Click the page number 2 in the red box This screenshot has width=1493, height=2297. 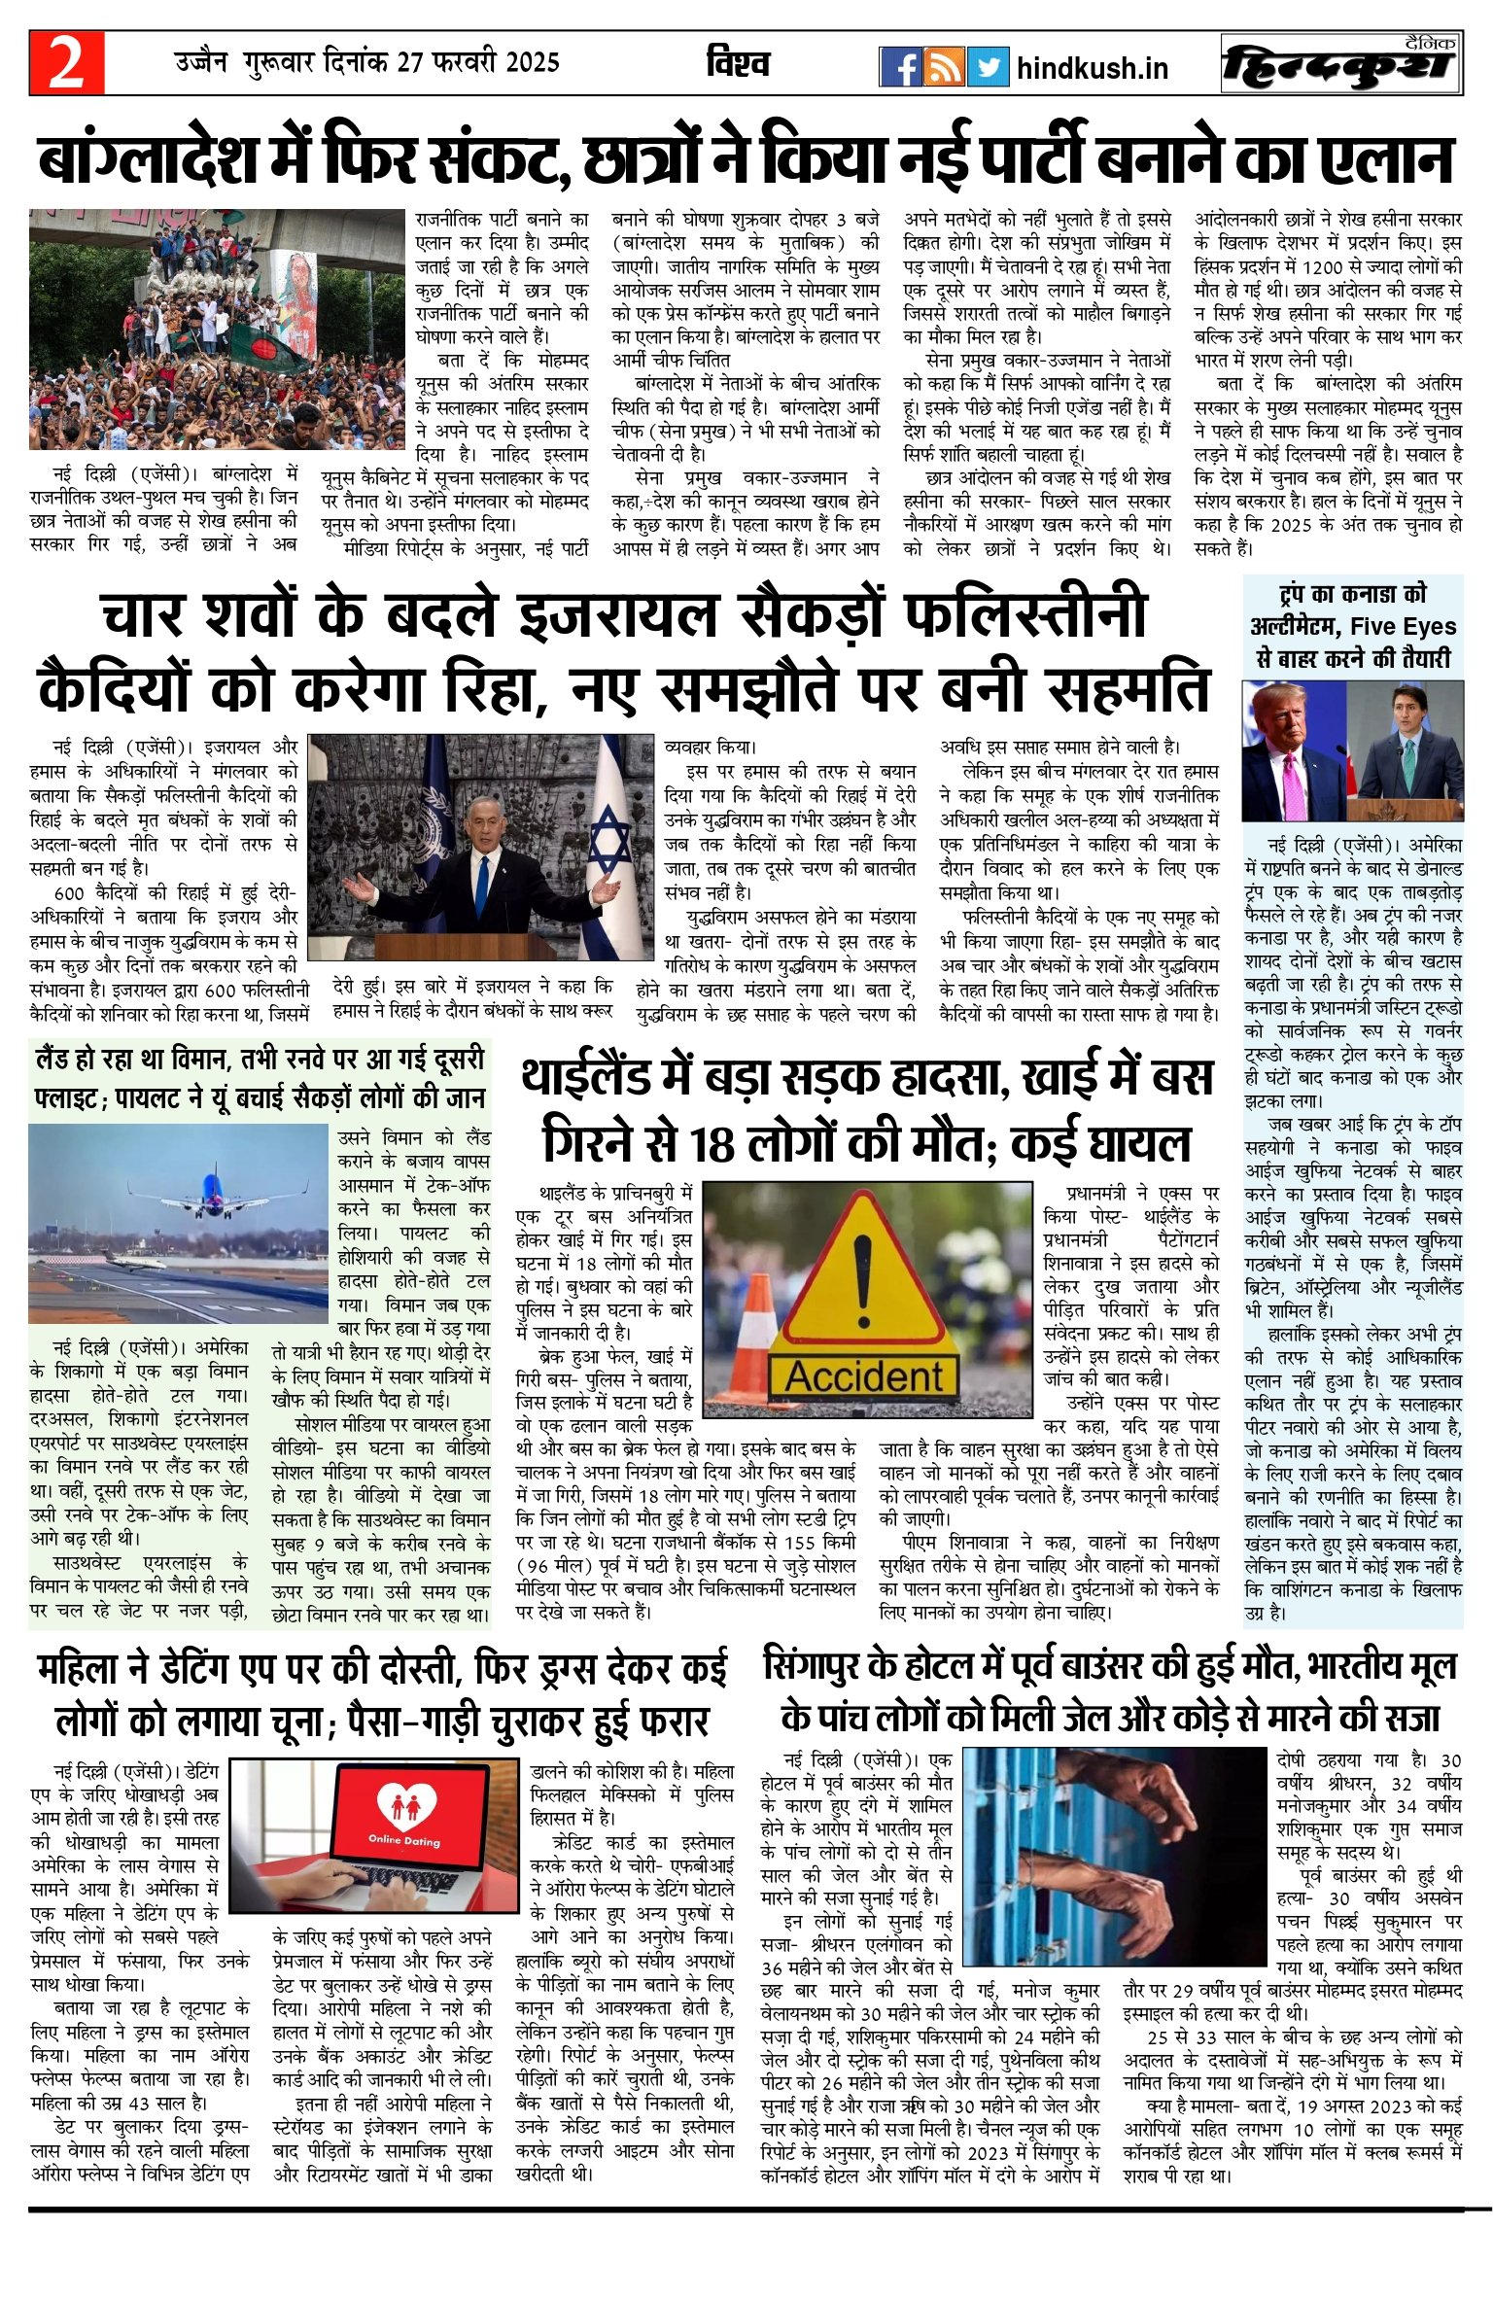(66, 63)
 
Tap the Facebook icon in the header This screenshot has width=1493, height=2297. (899, 67)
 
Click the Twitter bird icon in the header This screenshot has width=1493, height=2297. (989, 67)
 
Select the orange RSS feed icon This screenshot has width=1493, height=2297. (944, 67)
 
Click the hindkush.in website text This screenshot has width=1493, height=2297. (1092, 69)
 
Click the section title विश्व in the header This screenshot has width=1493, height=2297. (738, 64)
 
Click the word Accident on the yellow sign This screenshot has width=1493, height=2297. (863, 1376)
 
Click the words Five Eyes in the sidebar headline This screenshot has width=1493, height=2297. (1403, 627)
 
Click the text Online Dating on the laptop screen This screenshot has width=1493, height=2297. (403, 1839)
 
